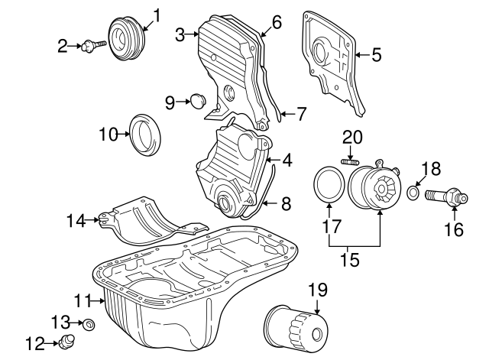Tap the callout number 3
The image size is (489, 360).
[x=180, y=34]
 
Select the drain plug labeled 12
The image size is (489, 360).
[x=69, y=341]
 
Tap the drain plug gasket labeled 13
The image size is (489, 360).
[x=89, y=325]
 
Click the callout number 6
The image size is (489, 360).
[x=277, y=22]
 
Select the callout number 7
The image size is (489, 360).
[x=302, y=115]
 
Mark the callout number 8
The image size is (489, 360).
[x=287, y=204]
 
